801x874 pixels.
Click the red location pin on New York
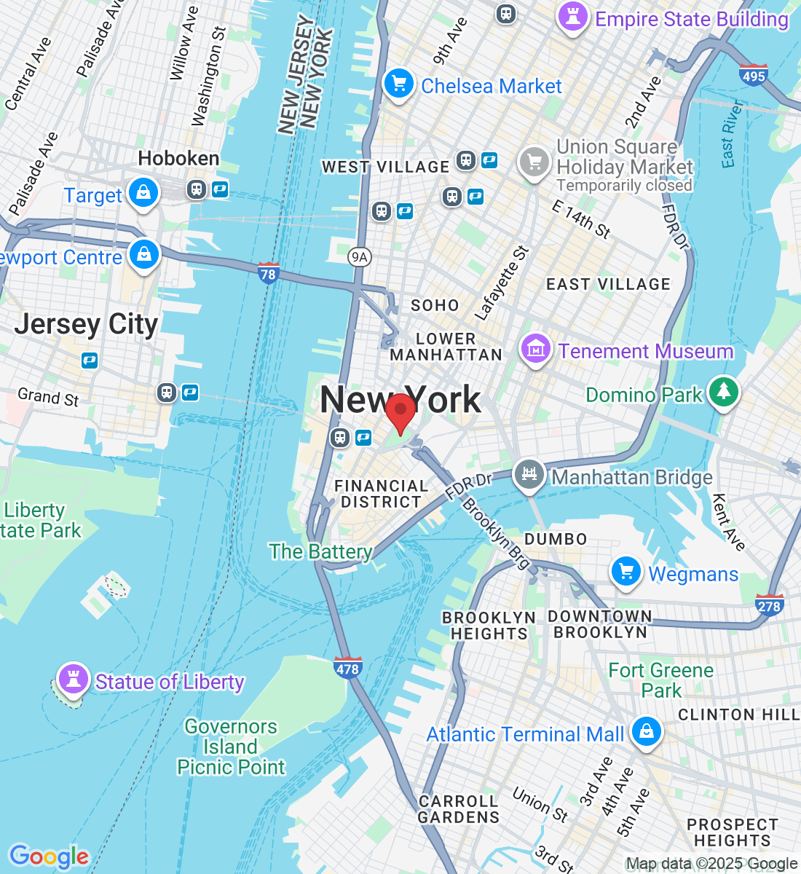pos(400,412)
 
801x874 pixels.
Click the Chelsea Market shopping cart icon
pos(398,84)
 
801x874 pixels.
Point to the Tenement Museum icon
pos(536,349)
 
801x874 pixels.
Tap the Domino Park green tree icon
pos(723,392)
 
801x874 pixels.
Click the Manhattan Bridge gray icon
pos(529,475)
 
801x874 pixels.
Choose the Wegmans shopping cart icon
pos(626,572)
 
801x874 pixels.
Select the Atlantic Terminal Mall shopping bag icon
pos(646,731)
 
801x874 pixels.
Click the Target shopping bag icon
pos(143,193)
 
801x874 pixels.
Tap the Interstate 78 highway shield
pos(268,273)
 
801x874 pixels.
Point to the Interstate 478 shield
pos(347,667)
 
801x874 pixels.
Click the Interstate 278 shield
pos(769,605)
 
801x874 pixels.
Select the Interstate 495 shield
pos(753,75)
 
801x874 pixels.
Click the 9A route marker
pos(359,256)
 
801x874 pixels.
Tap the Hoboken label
pos(178,158)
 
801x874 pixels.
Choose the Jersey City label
pos(86,324)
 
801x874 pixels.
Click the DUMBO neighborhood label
pos(556,539)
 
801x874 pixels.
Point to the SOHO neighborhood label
pos(435,305)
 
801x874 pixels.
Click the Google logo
pos(49,857)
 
